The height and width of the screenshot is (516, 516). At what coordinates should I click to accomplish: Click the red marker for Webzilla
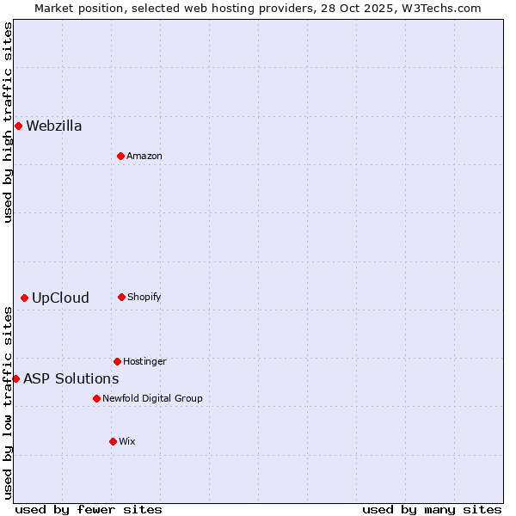point(18,126)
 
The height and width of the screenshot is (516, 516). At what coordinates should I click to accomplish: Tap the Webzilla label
point(54,126)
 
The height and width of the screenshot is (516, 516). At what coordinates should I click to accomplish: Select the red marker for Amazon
point(120,156)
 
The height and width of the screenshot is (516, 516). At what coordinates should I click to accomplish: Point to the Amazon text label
point(144,156)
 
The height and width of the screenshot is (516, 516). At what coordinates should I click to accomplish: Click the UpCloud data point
point(24,298)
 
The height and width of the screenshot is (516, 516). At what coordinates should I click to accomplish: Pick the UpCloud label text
point(60,298)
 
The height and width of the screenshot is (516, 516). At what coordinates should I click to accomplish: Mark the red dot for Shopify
point(121,297)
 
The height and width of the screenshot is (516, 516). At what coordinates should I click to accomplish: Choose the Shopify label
point(144,298)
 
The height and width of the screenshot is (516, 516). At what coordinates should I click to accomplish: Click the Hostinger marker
point(117,361)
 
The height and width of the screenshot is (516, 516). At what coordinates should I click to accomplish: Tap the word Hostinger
point(144,361)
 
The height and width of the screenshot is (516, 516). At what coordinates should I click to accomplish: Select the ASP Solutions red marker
point(15,378)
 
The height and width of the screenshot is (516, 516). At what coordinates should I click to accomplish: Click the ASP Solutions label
point(71,379)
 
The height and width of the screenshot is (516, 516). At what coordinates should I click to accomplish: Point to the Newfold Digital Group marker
point(96,398)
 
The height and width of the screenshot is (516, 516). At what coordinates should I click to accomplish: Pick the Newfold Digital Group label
point(152,398)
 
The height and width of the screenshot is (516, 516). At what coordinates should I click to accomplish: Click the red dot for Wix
point(113,441)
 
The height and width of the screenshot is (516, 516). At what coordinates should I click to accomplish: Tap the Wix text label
point(127,441)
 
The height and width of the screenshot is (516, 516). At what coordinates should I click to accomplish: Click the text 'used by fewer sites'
point(89,509)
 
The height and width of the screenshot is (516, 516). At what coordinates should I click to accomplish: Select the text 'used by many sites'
point(432,509)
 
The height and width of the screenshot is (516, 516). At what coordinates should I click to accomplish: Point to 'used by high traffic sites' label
point(8,122)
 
